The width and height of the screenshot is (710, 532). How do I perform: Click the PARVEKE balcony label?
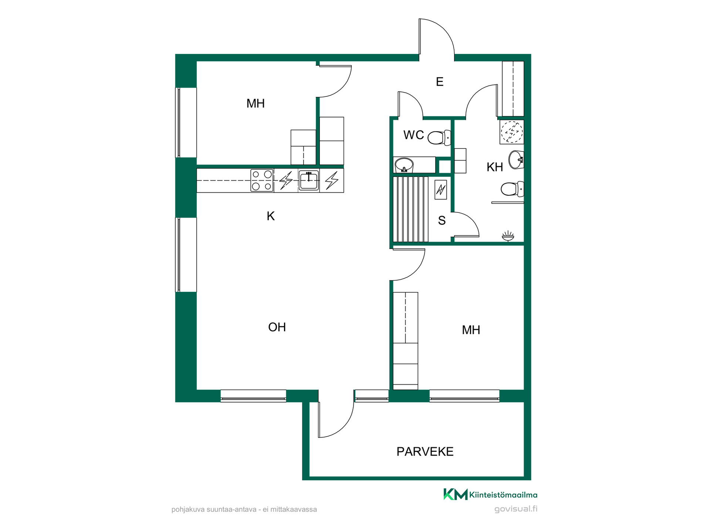point(425,451)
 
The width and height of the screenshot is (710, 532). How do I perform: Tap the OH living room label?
point(277,327)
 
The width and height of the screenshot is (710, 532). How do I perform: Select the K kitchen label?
point(271,216)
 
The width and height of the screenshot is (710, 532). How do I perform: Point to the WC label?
point(413,135)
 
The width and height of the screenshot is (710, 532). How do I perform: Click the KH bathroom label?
point(495,167)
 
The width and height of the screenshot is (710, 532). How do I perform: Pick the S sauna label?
point(442,221)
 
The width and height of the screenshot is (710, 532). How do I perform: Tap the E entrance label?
point(440,82)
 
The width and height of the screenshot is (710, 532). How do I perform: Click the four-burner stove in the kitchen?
point(262,180)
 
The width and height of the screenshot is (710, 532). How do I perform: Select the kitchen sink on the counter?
point(309,181)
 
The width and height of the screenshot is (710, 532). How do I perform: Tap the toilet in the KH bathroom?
point(513,189)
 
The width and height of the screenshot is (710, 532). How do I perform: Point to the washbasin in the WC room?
point(404,165)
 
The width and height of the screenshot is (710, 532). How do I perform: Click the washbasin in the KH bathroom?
point(516,160)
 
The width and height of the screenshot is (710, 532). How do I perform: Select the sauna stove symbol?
point(440,190)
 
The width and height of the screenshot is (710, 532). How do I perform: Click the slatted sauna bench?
point(410,209)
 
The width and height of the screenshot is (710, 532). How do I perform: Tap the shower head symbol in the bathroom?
point(508,236)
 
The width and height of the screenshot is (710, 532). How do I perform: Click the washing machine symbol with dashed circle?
point(512,132)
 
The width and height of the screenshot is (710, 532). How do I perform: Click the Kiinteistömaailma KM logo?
point(490,494)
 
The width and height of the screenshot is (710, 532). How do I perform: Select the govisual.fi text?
point(516,509)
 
